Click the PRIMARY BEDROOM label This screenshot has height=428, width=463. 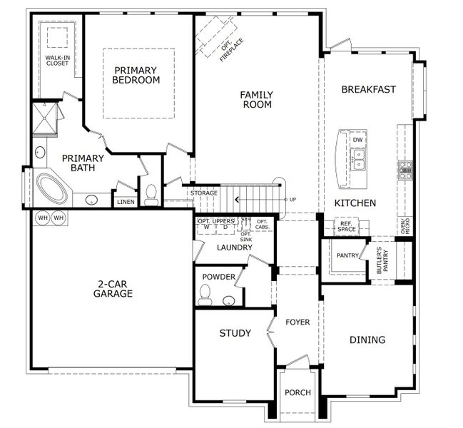(136, 75)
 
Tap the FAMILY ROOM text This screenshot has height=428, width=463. (256, 99)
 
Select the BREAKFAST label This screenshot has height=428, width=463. (367, 89)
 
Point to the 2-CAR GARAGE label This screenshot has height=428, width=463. (114, 287)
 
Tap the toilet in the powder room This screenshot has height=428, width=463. (205, 293)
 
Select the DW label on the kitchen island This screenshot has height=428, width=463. (357, 140)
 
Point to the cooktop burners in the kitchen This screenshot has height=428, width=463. (405, 170)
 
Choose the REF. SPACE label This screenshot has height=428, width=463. (347, 227)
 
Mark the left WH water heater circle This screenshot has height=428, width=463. (42, 218)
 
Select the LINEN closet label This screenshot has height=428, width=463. (125, 203)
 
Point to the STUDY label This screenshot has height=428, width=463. (234, 333)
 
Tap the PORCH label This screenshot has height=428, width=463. (297, 393)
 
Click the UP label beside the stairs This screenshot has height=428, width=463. (292, 199)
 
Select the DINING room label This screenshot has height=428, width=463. (367, 340)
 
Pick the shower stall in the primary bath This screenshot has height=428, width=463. (46, 118)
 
